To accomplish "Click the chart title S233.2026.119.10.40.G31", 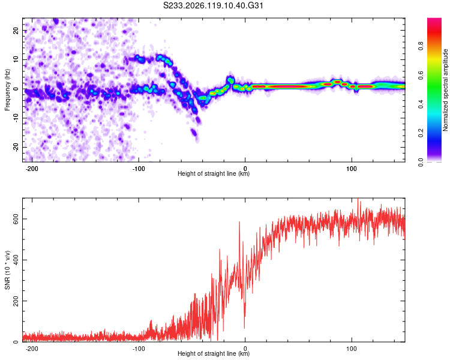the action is click(213, 5).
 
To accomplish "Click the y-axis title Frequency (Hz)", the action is click(7, 90).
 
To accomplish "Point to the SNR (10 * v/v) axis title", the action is click(7, 270).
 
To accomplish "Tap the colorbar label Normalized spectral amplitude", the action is click(445, 90).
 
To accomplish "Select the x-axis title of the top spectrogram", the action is click(214, 173).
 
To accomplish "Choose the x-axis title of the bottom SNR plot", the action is click(214, 353).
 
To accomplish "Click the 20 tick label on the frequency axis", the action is click(16, 30).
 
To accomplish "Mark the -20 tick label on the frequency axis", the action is click(16, 147).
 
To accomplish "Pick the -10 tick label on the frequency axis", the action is click(16, 118).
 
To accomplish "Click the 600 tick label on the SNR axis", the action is click(16, 219).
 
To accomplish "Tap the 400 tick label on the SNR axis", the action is click(16, 260).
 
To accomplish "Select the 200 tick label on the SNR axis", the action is click(16, 301).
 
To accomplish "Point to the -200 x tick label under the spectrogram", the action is click(32, 169).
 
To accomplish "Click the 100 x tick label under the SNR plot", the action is click(351, 349).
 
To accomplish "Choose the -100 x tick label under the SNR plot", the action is click(139, 349).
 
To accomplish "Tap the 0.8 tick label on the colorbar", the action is click(421, 46).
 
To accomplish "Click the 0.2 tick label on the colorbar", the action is click(421, 133).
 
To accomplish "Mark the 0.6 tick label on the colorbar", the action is click(421, 75).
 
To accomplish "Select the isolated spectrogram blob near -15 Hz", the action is click(194, 133).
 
